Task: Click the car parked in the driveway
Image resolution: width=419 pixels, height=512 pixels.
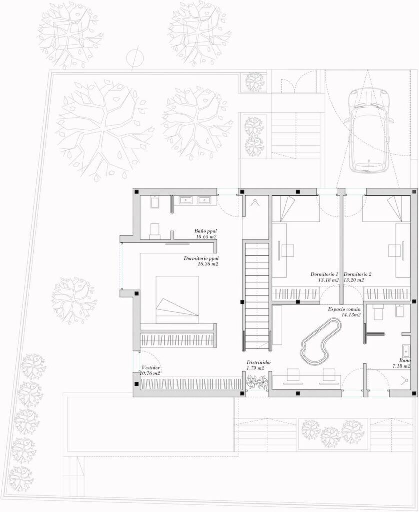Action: pyautogui.click(x=369, y=131)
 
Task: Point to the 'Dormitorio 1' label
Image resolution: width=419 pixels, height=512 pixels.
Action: pyautogui.click(x=324, y=274)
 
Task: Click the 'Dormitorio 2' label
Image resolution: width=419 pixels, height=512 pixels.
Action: pyautogui.click(x=357, y=274)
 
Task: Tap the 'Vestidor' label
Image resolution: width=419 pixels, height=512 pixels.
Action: pyautogui.click(x=151, y=368)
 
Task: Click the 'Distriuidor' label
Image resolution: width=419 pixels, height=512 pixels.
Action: pyautogui.click(x=259, y=363)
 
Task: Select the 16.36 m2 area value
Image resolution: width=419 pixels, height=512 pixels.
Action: pyautogui.click(x=208, y=264)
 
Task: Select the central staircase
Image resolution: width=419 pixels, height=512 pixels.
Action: pyautogui.click(x=257, y=295)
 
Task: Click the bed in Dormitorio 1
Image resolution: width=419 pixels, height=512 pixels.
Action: pyautogui.click(x=296, y=209)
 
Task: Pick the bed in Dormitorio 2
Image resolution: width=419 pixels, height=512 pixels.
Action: pyautogui.click(x=386, y=209)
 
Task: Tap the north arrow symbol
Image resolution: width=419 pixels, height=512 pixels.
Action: pyautogui.click(x=135, y=58)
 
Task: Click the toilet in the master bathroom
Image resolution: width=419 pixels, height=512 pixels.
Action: pyautogui.click(x=155, y=230)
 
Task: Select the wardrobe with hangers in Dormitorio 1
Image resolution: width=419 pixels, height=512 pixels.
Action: pyautogui.click(x=296, y=294)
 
